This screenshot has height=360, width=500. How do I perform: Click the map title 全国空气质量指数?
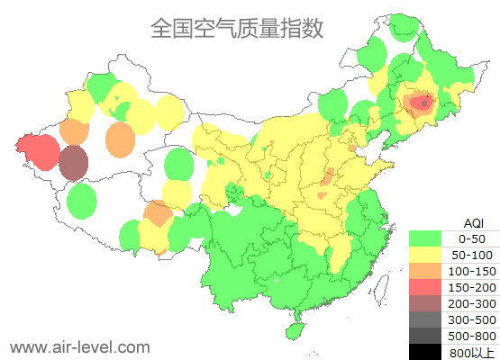click(x=237, y=29)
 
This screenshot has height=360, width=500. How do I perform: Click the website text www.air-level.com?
click(x=79, y=346)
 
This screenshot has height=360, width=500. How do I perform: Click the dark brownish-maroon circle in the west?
click(x=74, y=163)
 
